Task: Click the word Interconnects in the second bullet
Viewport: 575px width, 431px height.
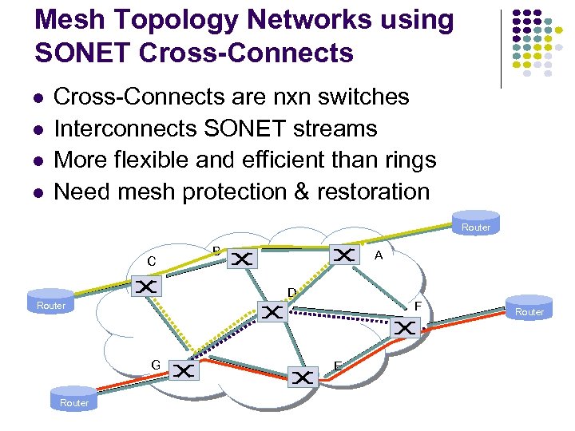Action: point(126,128)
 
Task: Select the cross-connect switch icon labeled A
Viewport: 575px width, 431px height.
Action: point(344,255)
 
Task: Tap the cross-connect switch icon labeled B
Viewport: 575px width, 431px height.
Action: point(242,259)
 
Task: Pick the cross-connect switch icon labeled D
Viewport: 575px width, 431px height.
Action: point(273,312)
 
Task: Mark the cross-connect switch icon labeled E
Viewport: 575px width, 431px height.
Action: point(303,377)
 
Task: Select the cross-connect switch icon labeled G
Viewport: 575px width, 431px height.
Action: point(183,371)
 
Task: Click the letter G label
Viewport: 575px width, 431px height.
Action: point(156,365)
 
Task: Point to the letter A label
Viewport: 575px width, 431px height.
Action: point(379,255)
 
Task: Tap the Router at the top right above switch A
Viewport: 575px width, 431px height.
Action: point(476,223)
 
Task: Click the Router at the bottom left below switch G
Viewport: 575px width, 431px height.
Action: point(74,398)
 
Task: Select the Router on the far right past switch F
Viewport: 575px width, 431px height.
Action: point(529,307)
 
